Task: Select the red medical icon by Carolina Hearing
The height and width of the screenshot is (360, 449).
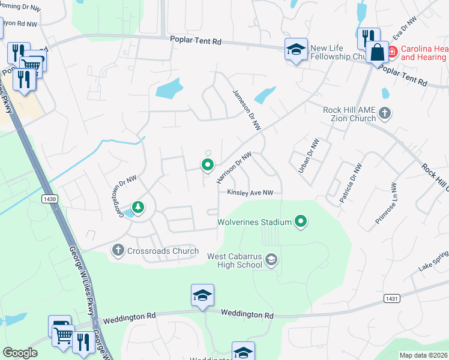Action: click(x=392, y=52)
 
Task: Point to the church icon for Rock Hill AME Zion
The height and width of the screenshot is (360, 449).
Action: click(x=385, y=113)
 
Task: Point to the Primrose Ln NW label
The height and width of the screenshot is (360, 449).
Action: click(x=385, y=203)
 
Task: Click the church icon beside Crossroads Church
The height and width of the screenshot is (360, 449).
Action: click(x=118, y=249)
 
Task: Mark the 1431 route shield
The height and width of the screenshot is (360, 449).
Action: click(x=391, y=298)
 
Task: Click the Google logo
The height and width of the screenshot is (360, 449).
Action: click(x=20, y=353)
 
